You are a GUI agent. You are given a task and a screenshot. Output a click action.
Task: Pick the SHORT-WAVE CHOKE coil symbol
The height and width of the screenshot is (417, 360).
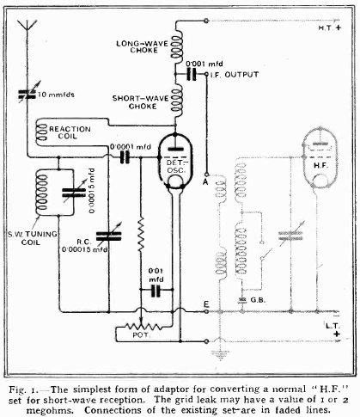pyautogui.click(x=177, y=101)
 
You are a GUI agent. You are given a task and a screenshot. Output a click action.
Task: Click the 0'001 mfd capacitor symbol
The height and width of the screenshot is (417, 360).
pyautogui.click(x=192, y=74)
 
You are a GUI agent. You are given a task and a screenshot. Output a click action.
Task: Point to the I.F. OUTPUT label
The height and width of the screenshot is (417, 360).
pyautogui.click(x=235, y=75)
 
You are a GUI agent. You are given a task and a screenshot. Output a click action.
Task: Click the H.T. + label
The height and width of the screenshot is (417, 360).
pyautogui.click(x=330, y=28)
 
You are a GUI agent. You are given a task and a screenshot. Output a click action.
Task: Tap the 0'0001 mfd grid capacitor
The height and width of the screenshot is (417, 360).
pyautogui.click(x=125, y=157)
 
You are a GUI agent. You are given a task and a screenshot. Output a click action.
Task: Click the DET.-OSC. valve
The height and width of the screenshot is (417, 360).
pyautogui.click(x=175, y=162)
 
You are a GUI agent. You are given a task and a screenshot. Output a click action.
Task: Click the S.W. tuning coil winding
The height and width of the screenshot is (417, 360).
pyautogui.click(x=42, y=192)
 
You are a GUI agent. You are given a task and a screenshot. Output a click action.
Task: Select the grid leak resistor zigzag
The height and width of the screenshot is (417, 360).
pyautogui.click(x=141, y=235)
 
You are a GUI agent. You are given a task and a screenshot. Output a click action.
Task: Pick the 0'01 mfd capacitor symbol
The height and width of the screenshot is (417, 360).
pyautogui.click(x=156, y=291)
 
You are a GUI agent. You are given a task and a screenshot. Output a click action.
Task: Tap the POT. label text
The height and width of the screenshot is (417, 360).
pyautogui.click(x=140, y=335)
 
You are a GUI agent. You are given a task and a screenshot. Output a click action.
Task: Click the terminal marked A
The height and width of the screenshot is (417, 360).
pyautogui.click(x=206, y=175)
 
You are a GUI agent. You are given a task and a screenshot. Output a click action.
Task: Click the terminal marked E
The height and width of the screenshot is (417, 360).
pyautogui.click(x=206, y=311)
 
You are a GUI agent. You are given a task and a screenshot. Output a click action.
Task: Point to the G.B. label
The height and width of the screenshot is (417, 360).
pyautogui.click(x=258, y=300)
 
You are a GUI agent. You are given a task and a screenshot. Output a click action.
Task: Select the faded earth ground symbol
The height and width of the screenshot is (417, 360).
pyautogui.click(x=220, y=353)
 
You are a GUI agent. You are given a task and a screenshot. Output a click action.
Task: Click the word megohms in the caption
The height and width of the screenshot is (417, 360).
pyautogui.click(x=47, y=409)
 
